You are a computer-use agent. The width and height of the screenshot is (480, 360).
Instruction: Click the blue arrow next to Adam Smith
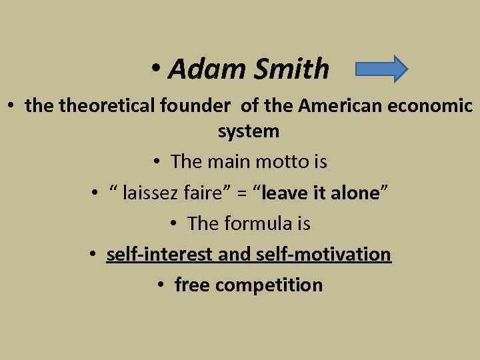[382, 69]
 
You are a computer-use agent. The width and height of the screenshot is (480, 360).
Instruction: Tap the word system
[249, 131]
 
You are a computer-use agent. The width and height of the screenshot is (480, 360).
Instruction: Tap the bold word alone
[353, 193]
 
